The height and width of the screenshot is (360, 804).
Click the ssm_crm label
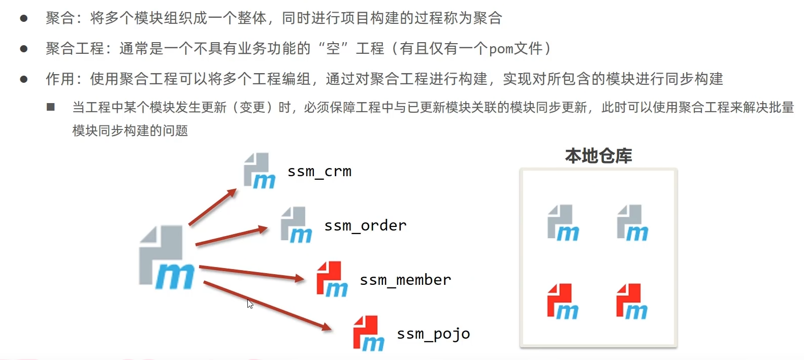[x=319, y=172]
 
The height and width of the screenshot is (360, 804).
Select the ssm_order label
[x=365, y=225]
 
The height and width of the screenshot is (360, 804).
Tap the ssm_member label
[x=405, y=280]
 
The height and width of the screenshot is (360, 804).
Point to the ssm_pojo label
[x=433, y=334]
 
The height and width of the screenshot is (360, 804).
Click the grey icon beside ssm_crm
[x=259, y=171]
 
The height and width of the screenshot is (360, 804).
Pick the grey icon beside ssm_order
[x=296, y=225]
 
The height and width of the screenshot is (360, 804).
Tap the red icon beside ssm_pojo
[x=368, y=334]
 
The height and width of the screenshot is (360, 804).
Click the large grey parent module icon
[x=166, y=257]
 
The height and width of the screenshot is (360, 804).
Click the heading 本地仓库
[x=598, y=156]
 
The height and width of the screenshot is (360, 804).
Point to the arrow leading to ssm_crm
[x=212, y=207]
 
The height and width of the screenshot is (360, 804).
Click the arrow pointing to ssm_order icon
[x=231, y=237]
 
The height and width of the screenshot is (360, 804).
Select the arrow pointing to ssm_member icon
[x=251, y=272]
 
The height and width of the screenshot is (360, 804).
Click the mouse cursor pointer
[x=249, y=304]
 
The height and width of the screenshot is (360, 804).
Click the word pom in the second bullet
[x=501, y=49]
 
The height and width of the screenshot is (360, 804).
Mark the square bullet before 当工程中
[x=51, y=107]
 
